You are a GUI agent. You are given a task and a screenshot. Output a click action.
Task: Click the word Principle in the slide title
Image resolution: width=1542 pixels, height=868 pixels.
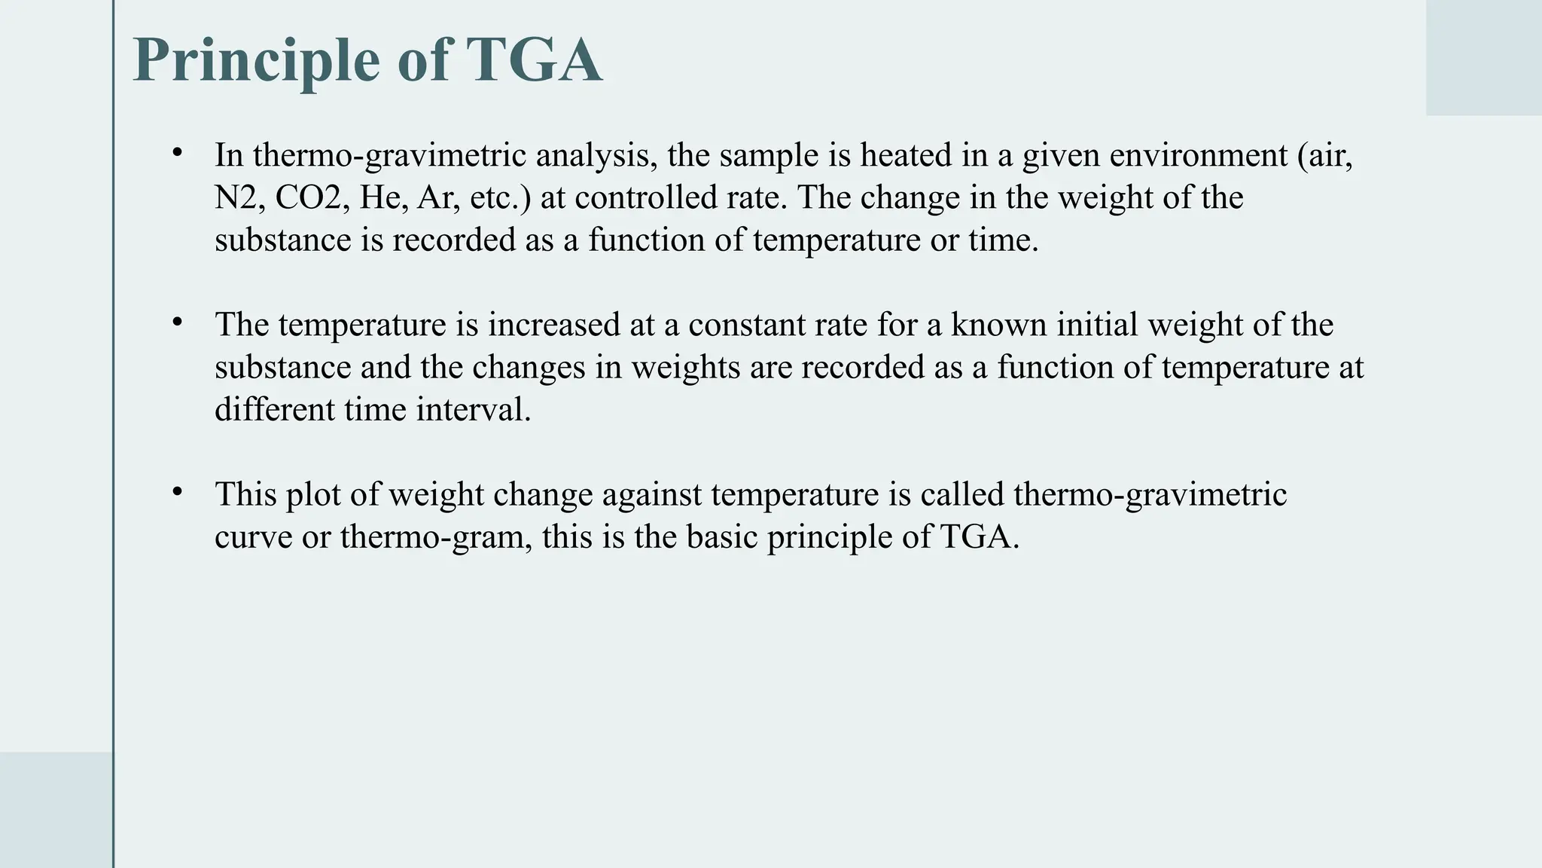point(256,60)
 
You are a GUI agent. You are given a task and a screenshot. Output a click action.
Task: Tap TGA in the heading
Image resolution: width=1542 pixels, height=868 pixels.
point(534,60)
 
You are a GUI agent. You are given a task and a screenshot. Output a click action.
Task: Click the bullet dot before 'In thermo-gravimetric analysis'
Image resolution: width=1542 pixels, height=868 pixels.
point(178,153)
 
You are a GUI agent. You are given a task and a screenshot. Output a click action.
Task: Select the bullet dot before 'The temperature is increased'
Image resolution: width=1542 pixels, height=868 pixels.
point(178,322)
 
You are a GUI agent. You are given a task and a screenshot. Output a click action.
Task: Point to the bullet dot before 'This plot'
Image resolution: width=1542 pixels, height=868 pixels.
point(178,492)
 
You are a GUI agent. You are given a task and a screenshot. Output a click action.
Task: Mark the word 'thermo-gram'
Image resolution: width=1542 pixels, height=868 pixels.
point(436,538)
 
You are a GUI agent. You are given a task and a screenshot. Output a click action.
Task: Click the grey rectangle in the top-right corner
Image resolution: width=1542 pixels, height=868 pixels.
point(1483,57)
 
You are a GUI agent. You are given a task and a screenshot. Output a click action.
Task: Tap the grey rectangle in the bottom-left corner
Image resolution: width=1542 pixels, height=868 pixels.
point(56,809)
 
